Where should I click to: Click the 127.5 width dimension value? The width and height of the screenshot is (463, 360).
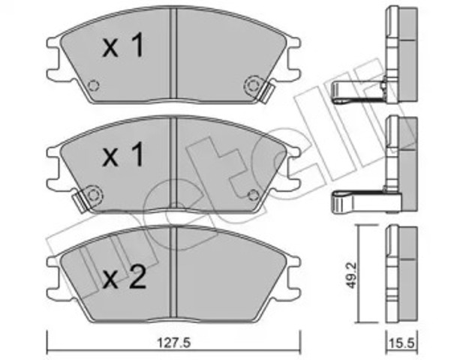pyautogui.click(x=174, y=343)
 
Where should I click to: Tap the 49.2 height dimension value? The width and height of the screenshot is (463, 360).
pyautogui.click(x=351, y=276)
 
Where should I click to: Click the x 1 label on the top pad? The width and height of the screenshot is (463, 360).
pyautogui.click(x=123, y=45)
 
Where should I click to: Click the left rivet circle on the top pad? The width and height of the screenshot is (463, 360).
pyautogui.click(x=94, y=85)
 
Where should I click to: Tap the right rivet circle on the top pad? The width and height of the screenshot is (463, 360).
pyautogui.click(x=252, y=85)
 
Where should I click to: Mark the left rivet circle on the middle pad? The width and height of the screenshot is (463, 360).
pyautogui.click(x=94, y=195)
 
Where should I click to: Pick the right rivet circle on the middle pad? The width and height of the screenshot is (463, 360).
pyautogui.click(x=253, y=195)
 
